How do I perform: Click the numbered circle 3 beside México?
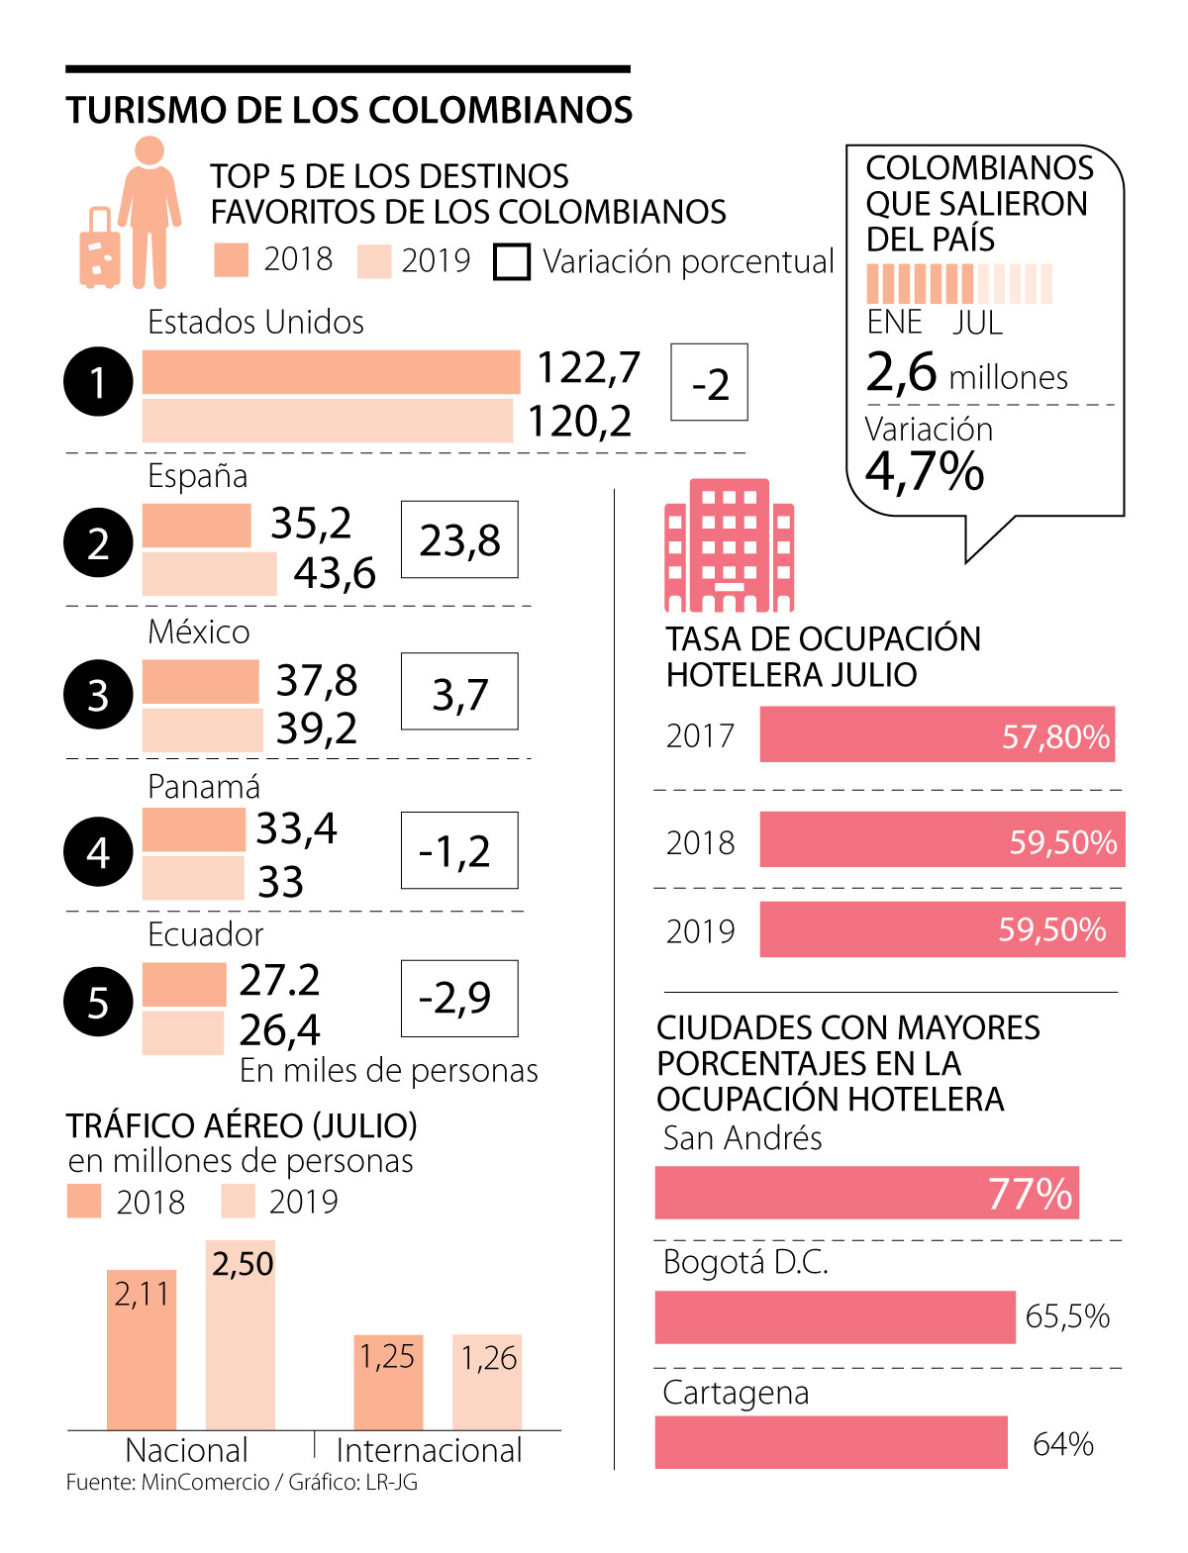coord(98,695)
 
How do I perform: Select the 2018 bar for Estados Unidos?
coord(331,372)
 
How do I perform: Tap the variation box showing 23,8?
coord(459,539)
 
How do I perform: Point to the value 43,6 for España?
coord(335,573)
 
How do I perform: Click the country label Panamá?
coord(203,787)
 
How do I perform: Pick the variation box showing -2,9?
coord(459,998)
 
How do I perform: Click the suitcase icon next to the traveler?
coord(100,249)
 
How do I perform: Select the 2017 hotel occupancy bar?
coord(937,734)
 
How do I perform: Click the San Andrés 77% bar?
coord(866,1193)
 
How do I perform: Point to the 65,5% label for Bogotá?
coord(1067,1316)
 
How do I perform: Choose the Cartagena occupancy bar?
coord(831,1442)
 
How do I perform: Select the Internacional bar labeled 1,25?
coord(388,1382)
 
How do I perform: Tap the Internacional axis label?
coord(429,1450)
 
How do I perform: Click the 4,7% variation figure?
coord(925,471)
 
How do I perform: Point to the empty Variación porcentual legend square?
coord(512,262)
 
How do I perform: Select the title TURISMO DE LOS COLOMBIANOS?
coord(348,110)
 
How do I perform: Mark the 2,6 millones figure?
coord(966,374)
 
